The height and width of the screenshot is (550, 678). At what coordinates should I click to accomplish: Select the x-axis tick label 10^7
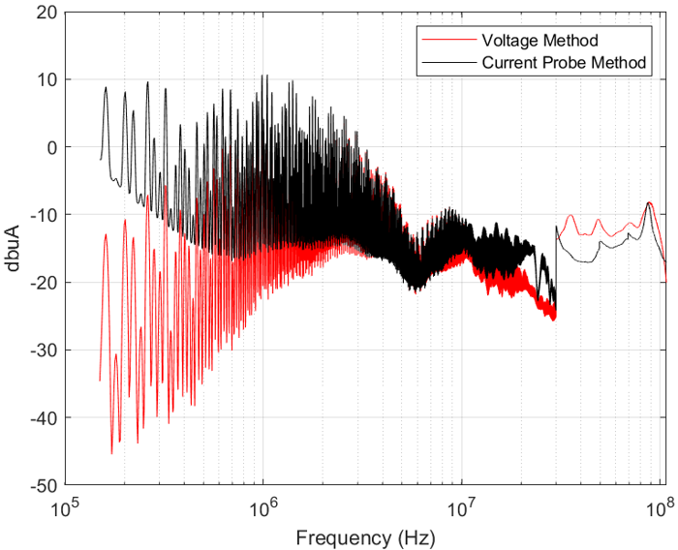coord(461,504)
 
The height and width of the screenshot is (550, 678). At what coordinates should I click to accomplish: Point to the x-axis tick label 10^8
coord(660,504)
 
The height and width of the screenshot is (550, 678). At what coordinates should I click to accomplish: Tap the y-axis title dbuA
coord(16,248)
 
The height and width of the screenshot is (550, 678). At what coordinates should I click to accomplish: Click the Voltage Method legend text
coord(539,40)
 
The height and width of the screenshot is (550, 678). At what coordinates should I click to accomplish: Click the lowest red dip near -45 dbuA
coord(111,453)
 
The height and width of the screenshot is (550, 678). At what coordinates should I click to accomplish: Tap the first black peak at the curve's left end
coord(107,87)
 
